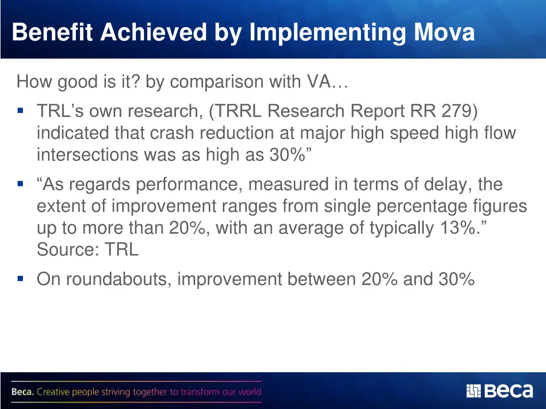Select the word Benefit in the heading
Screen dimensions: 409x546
tap(54, 32)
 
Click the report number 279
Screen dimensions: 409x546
tap(460, 112)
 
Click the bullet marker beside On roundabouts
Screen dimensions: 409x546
tap(21, 278)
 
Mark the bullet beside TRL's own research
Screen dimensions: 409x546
tap(21, 111)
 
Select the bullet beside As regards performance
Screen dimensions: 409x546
tap(21, 184)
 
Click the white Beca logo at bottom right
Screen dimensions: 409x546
tap(500, 391)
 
